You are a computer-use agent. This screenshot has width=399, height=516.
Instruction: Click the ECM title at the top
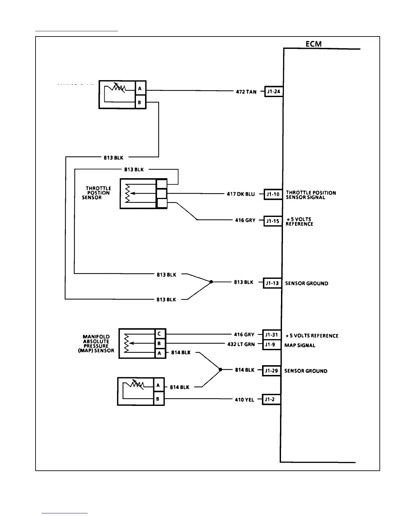click(x=314, y=44)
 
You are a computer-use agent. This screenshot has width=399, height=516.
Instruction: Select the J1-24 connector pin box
click(x=273, y=92)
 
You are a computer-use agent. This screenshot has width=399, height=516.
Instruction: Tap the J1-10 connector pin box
click(x=273, y=194)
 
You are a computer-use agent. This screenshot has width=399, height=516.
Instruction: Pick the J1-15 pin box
click(x=273, y=221)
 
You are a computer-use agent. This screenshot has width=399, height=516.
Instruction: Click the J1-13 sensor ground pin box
click(x=272, y=283)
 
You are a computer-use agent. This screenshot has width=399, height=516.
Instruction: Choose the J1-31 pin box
click(x=272, y=335)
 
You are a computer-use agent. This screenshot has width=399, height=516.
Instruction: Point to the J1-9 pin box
click(x=272, y=344)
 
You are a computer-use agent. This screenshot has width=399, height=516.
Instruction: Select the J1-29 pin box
click(x=272, y=371)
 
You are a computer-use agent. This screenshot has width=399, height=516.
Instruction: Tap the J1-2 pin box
click(x=272, y=399)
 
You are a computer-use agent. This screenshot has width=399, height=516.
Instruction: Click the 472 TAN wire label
click(x=246, y=92)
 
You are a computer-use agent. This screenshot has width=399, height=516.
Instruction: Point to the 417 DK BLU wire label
click(x=241, y=194)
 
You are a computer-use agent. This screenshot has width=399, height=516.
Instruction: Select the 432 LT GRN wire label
click(x=241, y=344)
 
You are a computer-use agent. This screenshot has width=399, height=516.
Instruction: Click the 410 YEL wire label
click(x=244, y=400)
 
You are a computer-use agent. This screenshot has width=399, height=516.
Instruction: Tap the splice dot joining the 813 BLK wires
click(x=211, y=282)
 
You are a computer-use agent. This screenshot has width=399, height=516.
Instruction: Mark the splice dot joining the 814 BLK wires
click(x=220, y=369)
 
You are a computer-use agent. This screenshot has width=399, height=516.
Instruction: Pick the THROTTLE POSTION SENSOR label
click(x=96, y=193)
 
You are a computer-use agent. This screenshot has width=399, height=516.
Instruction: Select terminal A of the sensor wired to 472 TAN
click(x=140, y=88)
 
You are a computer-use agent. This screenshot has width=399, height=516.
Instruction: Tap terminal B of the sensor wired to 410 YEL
click(x=158, y=399)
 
